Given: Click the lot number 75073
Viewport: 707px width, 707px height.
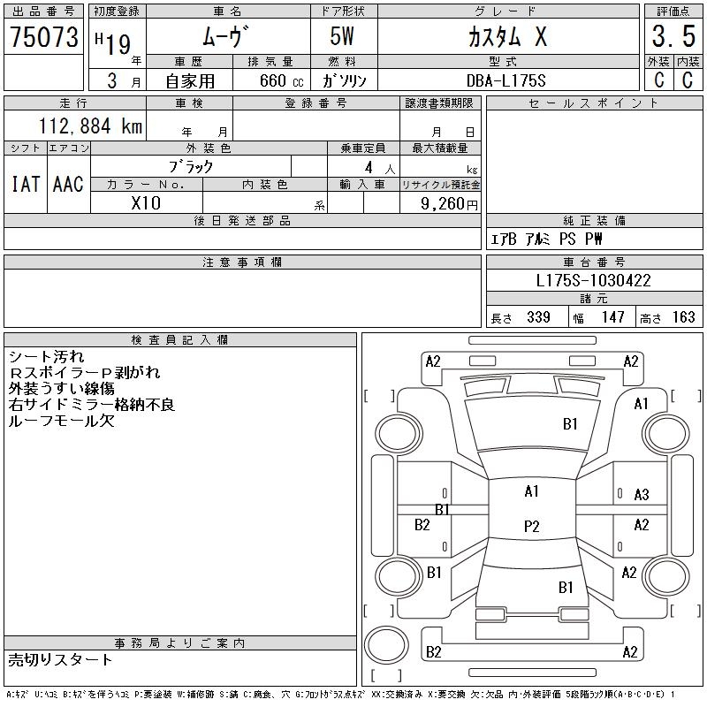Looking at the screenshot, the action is coord(44,37).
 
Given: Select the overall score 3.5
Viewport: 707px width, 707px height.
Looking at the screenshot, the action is coord(673,36).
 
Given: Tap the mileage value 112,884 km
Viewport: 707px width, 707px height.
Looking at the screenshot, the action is coord(90,125).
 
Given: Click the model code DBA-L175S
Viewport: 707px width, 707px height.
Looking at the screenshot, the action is coord(506,80).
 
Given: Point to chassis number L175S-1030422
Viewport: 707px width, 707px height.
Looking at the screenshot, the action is coord(593,280).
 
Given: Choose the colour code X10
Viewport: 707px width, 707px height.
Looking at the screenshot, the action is coord(146,203).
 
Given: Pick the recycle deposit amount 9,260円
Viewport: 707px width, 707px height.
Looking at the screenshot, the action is coord(449,204).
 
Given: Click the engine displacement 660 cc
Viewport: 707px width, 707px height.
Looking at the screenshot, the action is coord(282,80).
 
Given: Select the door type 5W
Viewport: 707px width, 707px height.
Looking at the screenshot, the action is coord(342,36).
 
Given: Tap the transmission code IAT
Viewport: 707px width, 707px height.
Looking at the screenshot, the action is coord(26,184).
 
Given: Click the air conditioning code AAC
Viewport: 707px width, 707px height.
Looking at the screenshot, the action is coord(68,184).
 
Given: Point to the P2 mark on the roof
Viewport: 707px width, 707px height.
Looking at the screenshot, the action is coord(532,526).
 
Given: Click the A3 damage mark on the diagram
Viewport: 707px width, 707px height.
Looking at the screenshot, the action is coord(642,495).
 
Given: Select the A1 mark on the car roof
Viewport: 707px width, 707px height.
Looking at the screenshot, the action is coord(532,491).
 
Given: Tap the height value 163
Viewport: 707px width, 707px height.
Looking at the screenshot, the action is coord(683,317).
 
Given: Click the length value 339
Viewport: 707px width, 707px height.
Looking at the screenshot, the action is coord(538,317).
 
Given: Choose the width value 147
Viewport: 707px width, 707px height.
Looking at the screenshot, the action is coord(612,317).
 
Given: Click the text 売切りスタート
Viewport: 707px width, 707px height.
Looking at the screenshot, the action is coord(60,660).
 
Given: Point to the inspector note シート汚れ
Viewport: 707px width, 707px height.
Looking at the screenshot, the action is coord(47,357).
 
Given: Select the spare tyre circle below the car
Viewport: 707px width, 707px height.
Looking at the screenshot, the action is coord(386,645).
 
